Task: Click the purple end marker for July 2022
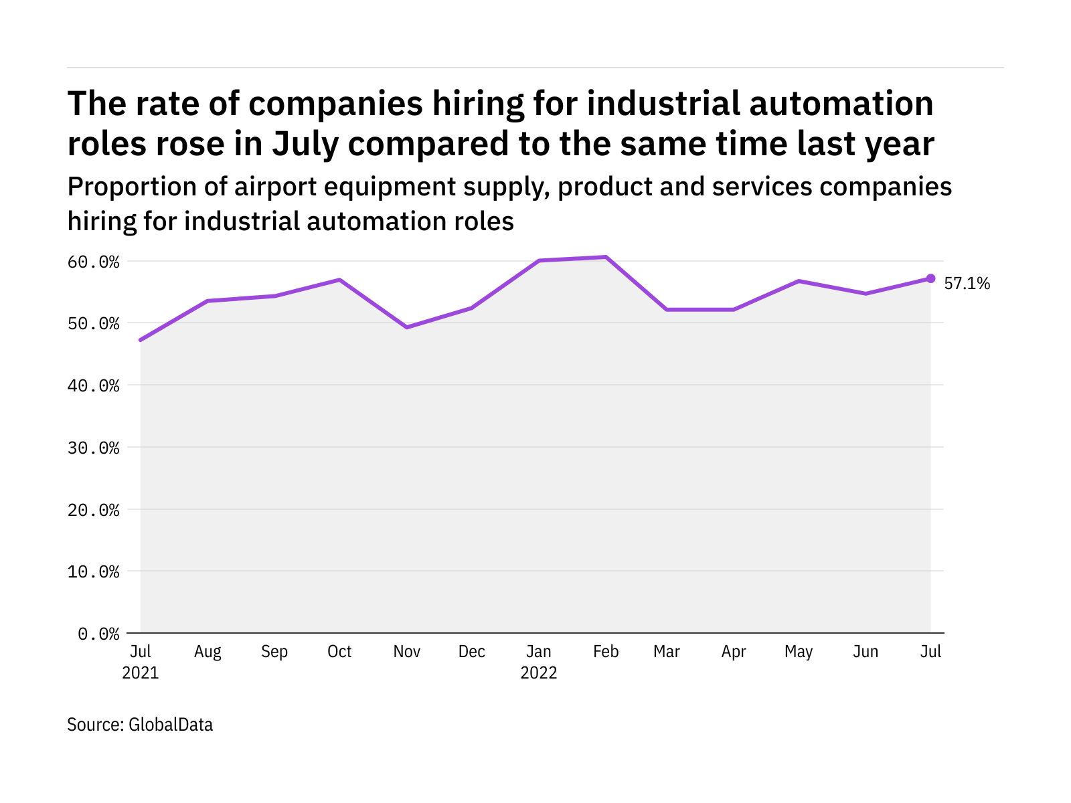pyautogui.click(x=930, y=278)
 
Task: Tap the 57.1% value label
pyautogui.click(x=967, y=284)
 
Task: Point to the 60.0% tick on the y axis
pyautogui.click(x=93, y=262)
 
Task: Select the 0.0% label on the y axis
pyautogui.click(x=98, y=634)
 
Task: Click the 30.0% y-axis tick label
pyautogui.click(x=93, y=448)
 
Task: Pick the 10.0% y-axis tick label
pyautogui.click(x=93, y=571)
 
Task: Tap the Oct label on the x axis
pyautogui.click(x=339, y=652)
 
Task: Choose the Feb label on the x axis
pyautogui.click(x=606, y=652)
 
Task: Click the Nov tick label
pyautogui.click(x=406, y=652)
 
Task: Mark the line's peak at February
pyautogui.click(x=606, y=257)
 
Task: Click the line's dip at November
pyautogui.click(x=407, y=327)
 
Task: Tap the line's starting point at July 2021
pyautogui.click(x=141, y=340)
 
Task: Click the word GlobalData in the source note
pyautogui.click(x=171, y=725)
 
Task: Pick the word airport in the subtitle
pyautogui.click(x=276, y=187)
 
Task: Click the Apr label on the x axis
pyautogui.click(x=734, y=652)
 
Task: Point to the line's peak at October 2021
pyautogui.click(x=339, y=280)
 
